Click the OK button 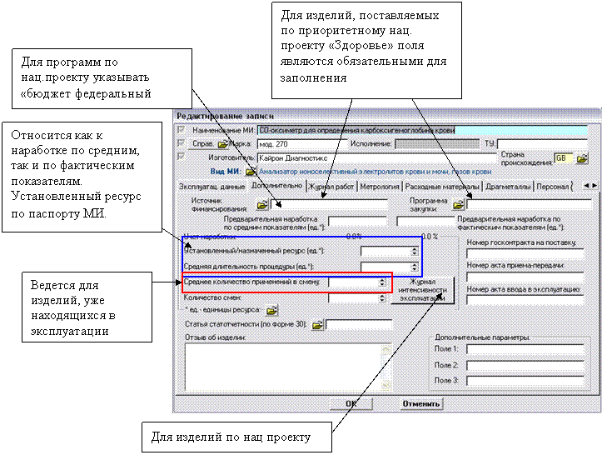tap(351, 404)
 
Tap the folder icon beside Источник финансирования tap(262, 203)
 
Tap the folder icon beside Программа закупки tap(457, 203)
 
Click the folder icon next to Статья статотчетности tap(317, 325)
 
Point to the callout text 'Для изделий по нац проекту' tap(231, 436)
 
